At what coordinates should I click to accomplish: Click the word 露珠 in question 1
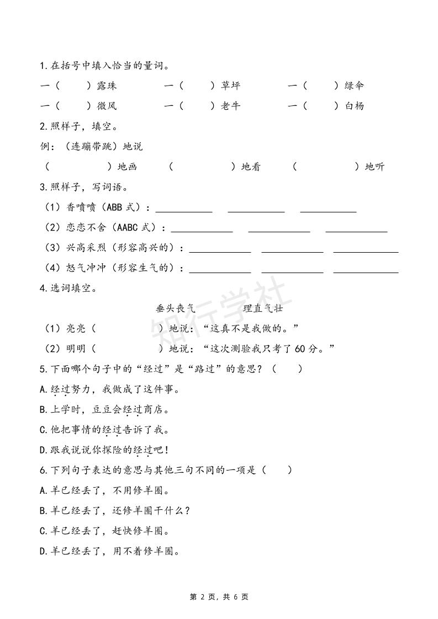(x=107, y=86)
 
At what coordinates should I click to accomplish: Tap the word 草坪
(x=230, y=86)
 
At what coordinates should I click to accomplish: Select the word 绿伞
(x=354, y=86)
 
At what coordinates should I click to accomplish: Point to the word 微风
(x=107, y=106)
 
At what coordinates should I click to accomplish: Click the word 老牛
(x=230, y=106)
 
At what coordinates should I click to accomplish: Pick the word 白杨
(x=354, y=106)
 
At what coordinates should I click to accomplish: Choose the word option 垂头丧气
(x=176, y=308)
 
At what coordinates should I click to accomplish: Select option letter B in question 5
(x=43, y=410)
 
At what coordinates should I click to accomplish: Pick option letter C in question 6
(x=43, y=531)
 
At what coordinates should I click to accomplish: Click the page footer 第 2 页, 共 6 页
(x=219, y=597)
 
